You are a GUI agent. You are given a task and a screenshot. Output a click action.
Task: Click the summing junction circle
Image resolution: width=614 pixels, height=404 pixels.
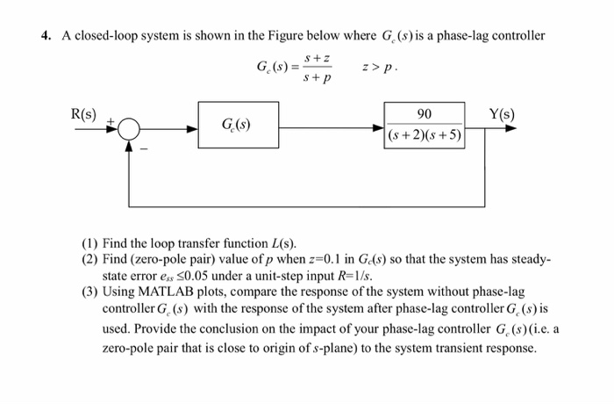[x=130, y=128]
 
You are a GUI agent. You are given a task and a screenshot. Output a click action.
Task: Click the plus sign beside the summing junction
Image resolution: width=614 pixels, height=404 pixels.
[x=111, y=119]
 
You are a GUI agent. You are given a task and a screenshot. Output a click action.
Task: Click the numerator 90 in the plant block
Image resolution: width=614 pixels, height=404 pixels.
[x=424, y=114]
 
